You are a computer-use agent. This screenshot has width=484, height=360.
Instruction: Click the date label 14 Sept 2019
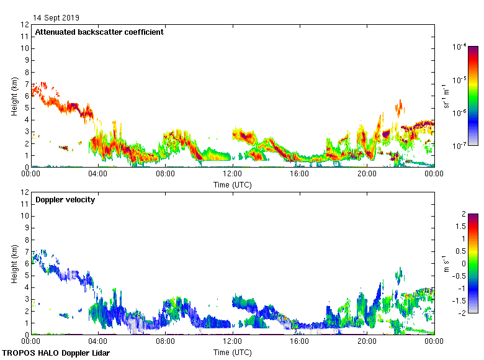[56, 18]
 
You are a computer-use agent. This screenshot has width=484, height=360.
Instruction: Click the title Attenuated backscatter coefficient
[99, 32]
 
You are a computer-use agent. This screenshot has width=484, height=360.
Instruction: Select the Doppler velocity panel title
[65, 199]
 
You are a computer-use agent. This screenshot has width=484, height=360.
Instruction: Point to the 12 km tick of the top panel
[25, 25]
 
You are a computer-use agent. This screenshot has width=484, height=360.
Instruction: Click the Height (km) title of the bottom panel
[14, 263]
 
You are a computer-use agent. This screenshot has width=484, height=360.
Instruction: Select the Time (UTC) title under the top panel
[233, 184]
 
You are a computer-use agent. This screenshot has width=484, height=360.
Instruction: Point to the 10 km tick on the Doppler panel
[25, 216]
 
